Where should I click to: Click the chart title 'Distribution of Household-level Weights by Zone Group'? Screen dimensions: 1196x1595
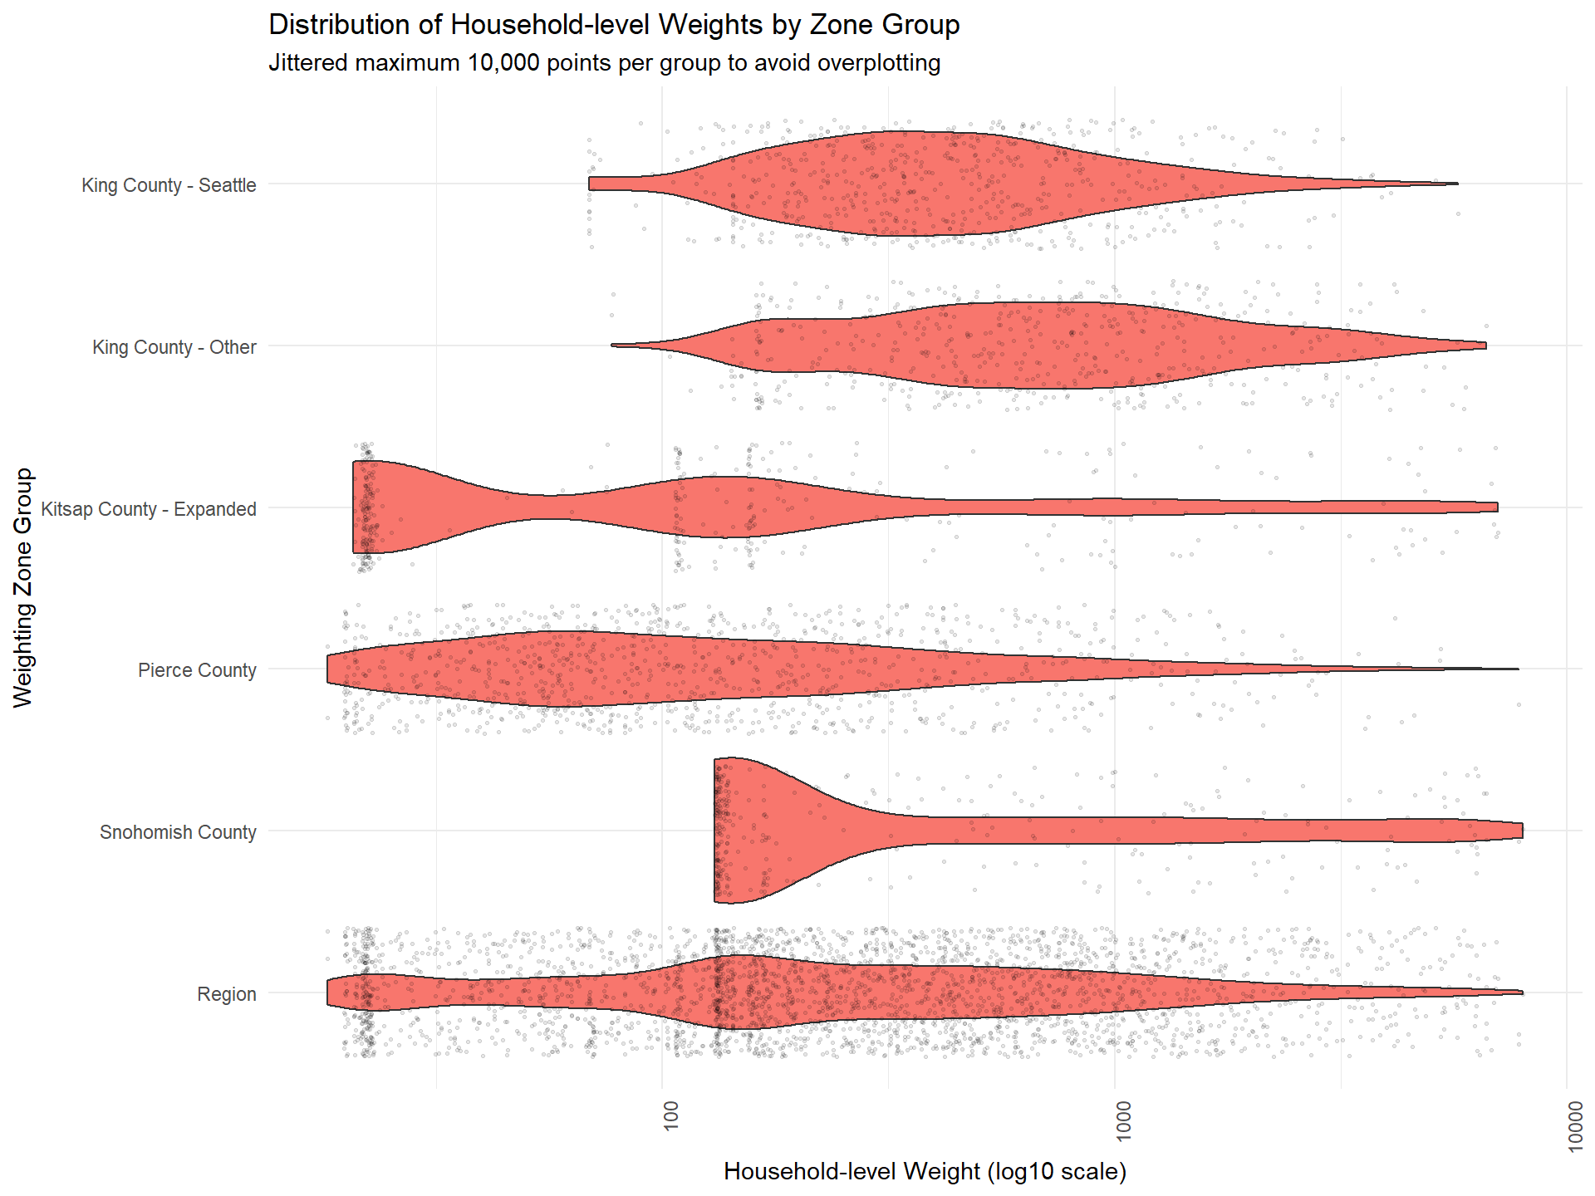(x=614, y=25)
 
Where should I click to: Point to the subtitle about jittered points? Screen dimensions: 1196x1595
(x=604, y=63)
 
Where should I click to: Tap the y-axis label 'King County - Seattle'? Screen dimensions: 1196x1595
(x=169, y=185)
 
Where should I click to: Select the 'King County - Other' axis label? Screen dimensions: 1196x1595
(x=174, y=347)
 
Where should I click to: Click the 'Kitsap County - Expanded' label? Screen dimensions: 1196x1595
(x=149, y=509)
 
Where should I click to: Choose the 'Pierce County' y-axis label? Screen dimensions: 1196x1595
(x=197, y=670)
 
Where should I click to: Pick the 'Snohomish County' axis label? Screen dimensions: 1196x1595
(x=178, y=832)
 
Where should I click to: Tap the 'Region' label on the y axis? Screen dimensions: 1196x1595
(x=227, y=994)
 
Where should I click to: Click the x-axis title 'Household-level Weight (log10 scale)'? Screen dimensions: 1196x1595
(x=925, y=1171)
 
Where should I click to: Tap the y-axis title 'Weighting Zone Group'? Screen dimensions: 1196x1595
(x=23, y=587)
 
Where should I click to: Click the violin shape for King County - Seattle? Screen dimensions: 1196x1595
(x=914, y=184)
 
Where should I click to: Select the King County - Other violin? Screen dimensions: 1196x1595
(x=1038, y=346)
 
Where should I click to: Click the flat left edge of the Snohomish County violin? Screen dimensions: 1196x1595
(x=716, y=831)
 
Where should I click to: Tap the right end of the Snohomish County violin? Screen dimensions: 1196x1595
(x=1519, y=831)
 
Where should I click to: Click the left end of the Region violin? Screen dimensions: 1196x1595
(x=329, y=993)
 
